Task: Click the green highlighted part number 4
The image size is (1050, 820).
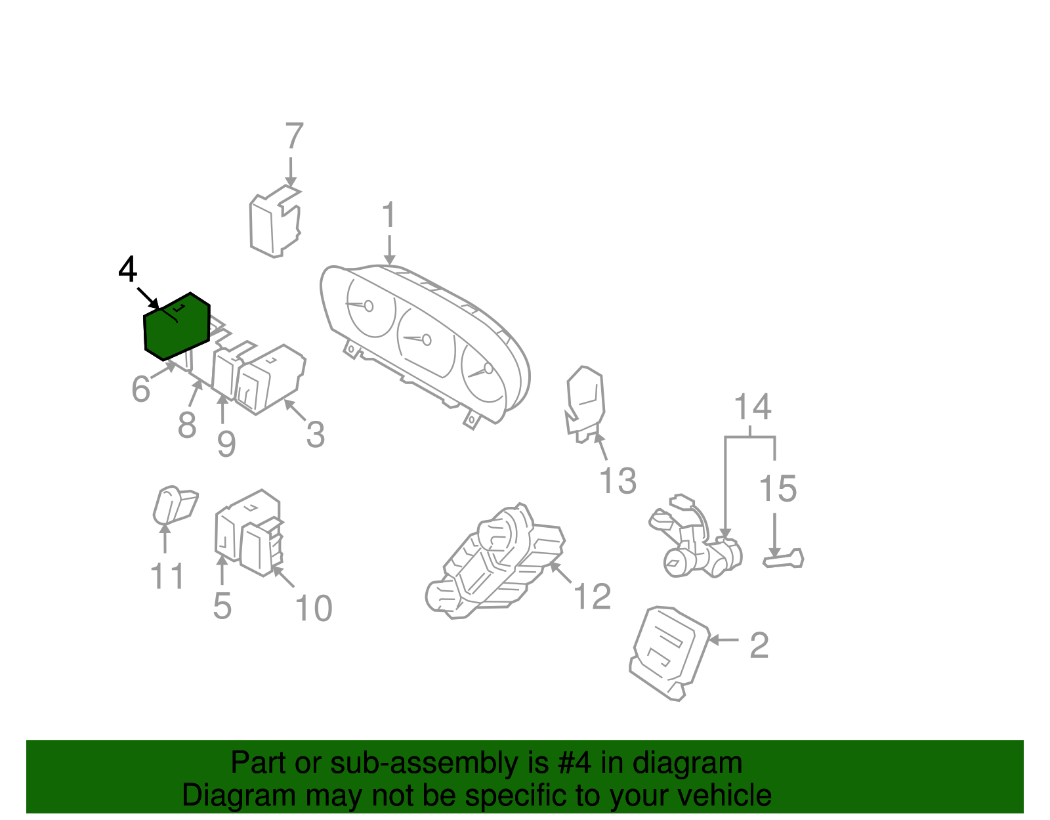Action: coord(176,327)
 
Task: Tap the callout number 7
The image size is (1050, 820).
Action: coord(294,137)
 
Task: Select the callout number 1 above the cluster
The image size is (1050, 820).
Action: coord(389,215)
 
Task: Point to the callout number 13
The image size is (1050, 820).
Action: coord(618,481)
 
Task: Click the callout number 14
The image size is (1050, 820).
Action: coord(752,407)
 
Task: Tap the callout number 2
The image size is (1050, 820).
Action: coord(759,645)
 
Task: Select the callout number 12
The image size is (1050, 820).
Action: coord(592,596)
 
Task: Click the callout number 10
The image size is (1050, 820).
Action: coord(314,608)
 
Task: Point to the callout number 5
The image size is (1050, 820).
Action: coord(222,605)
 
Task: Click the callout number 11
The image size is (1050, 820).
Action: coord(167,576)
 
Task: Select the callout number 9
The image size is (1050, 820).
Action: coord(226,444)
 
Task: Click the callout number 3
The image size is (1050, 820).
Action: coord(316,434)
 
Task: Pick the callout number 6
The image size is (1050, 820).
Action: coord(140,389)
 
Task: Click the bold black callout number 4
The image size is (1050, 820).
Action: coord(127,270)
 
